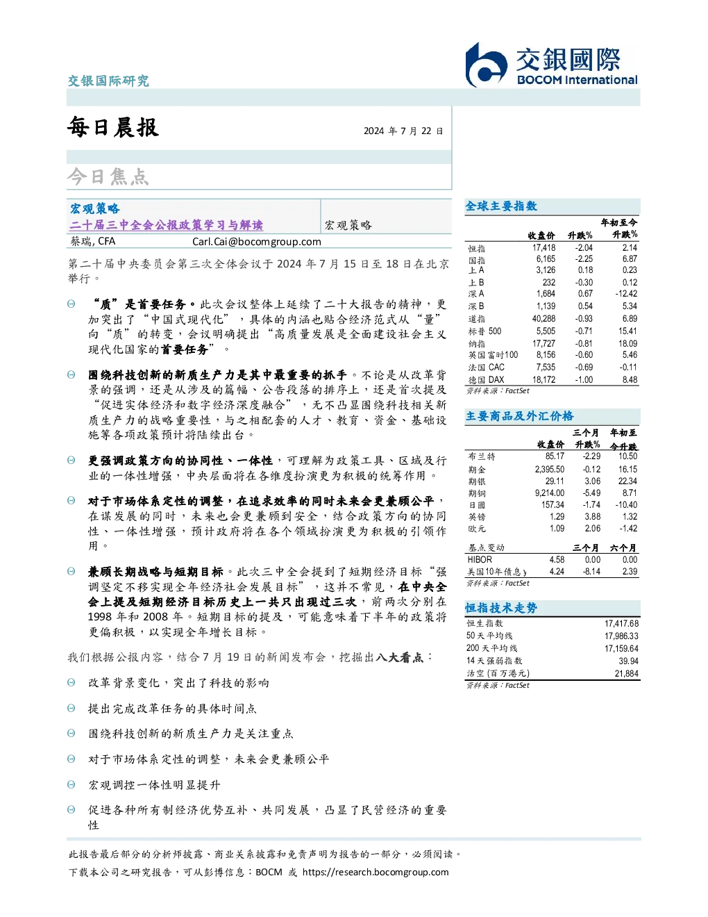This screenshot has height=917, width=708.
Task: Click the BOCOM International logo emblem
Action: tap(486, 65)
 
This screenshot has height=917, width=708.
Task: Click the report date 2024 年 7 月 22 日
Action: tap(403, 131)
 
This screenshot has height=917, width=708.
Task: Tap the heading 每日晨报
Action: tap(113, 127)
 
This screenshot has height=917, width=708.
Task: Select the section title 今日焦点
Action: tap(108, 176)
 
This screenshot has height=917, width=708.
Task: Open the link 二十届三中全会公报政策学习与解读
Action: tap(167, 225)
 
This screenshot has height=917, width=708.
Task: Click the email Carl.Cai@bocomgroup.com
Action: tap(256, 242)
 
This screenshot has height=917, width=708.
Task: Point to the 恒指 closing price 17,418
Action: tap(543, 248)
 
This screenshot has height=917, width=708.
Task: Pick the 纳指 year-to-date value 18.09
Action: tap(627, 343)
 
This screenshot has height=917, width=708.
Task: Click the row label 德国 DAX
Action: tap(486, 380)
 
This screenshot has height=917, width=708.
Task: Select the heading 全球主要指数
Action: tap(501, 206)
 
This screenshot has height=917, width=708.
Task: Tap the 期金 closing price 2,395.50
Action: tap(550, 469)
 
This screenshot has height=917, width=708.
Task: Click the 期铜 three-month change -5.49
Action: tap(591, 493)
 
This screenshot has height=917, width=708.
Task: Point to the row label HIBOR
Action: tap(480, 559)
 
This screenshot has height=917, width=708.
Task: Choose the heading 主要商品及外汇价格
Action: tap(519, 416)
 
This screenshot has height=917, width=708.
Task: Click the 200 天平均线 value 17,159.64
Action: tap(621, 648)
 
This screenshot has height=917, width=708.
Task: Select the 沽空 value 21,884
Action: tap(626, 673)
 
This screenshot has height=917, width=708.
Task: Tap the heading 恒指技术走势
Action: tap(501, 608)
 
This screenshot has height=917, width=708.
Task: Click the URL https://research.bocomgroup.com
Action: tap(376, 873)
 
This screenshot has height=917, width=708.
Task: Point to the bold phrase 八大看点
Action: tap(399, 657)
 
